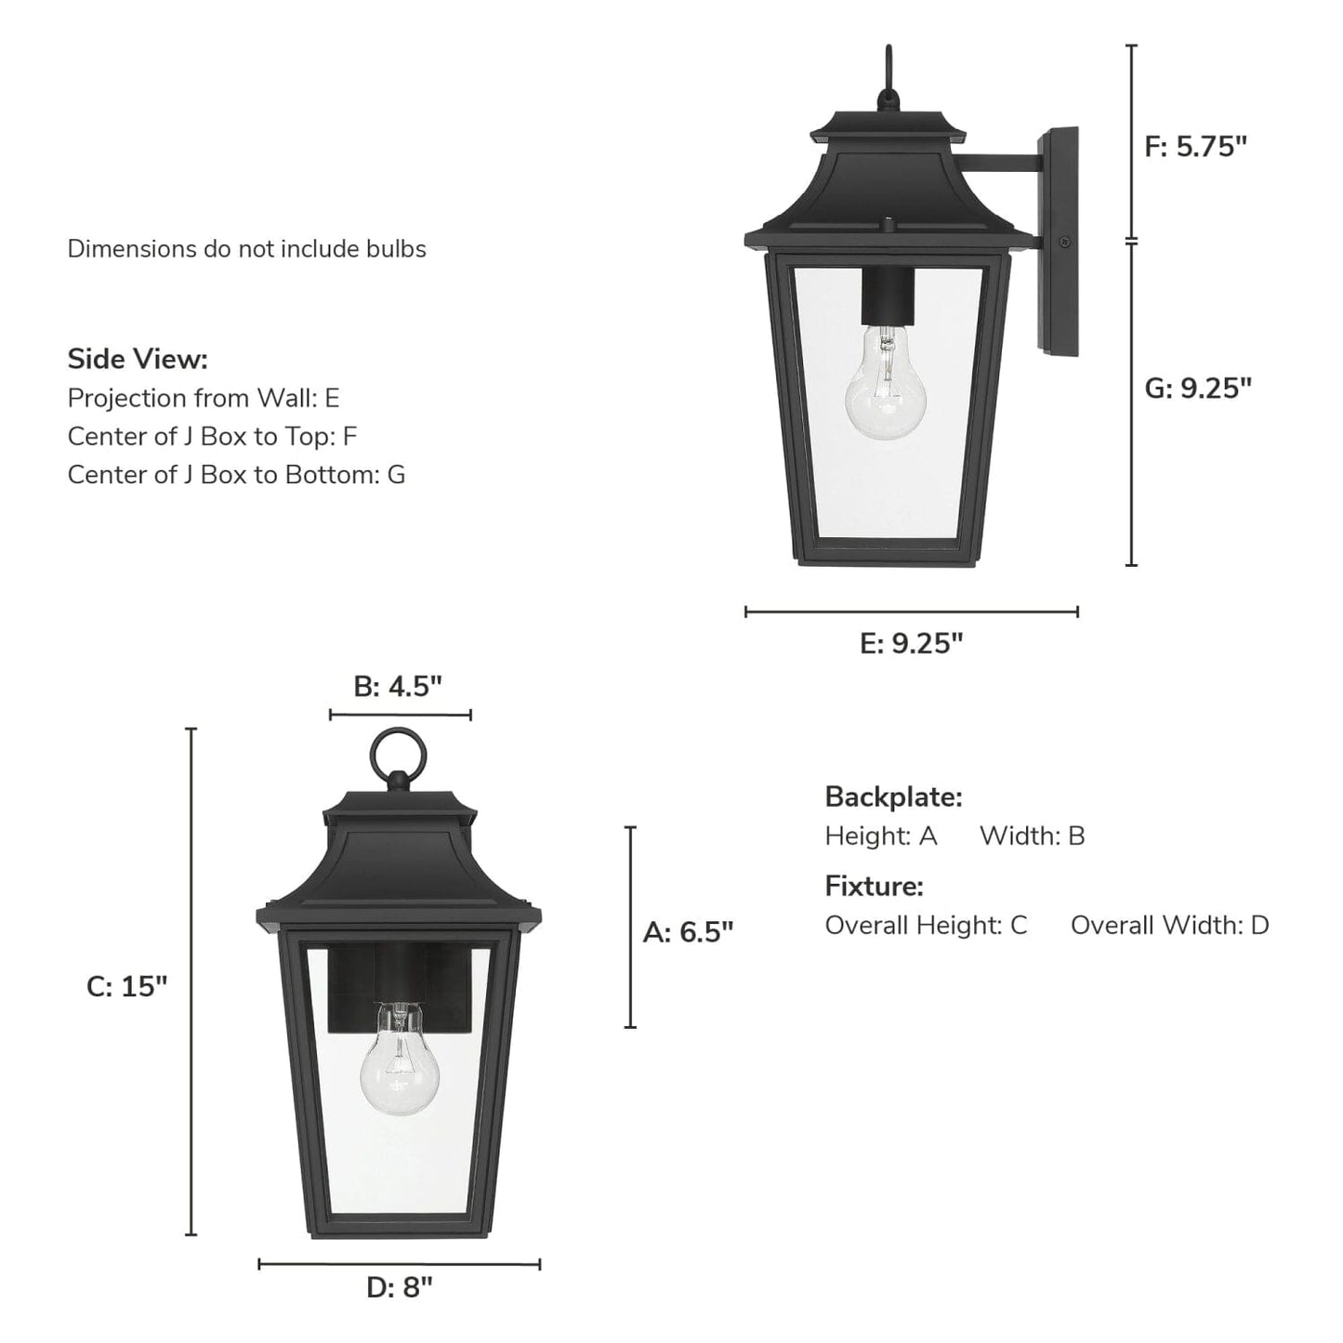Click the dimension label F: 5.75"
1195,147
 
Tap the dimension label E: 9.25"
911,643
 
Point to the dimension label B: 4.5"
398,687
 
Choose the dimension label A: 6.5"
688,931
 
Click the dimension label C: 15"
127,986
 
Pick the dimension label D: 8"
400,1287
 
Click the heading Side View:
138,359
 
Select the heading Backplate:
893,797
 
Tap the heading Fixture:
874,886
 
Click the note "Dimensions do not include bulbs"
246,249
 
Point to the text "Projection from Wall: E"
204,398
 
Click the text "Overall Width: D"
1169,925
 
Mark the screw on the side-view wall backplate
1066,243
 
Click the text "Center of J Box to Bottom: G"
236,474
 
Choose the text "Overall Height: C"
926,925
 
